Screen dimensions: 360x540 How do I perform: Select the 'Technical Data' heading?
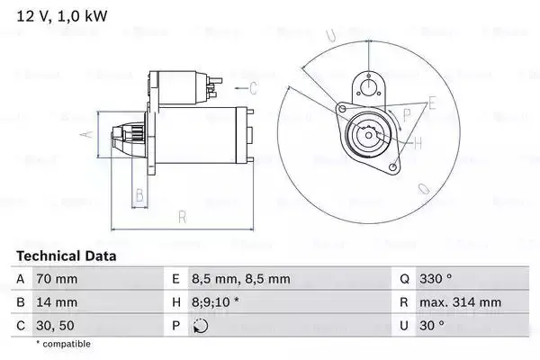click(x=67, y=256)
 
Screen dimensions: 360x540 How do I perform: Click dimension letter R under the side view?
click(x=182, y=216)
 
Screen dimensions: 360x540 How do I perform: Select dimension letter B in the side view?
click(x=139, y=195)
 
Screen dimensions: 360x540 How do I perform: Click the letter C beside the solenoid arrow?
click(x=254, y=87)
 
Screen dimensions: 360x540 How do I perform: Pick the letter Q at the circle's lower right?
click(x=424, y=188)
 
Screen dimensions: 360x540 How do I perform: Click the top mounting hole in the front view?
click(x=366, y=87)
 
